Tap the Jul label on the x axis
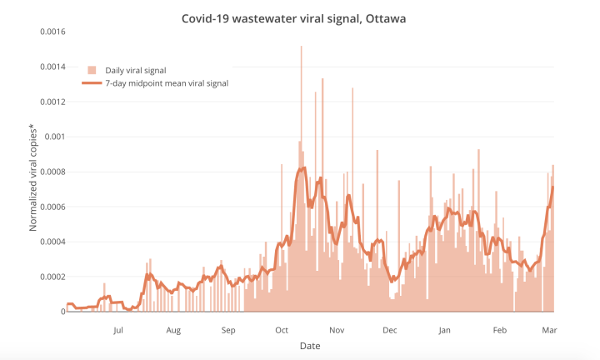[118, 330]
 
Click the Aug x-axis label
[172, 330]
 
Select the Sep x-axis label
[228, 330]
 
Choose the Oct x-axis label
[282, 330]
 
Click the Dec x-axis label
[389, 330]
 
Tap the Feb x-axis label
[499, 330]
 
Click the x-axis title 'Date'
[310, 345]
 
